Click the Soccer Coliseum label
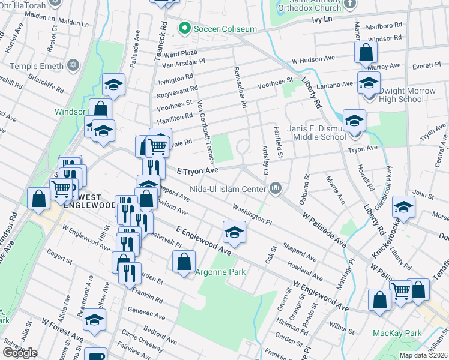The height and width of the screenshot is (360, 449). click(224, 29)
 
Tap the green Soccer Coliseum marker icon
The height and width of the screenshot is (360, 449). click(185, 29)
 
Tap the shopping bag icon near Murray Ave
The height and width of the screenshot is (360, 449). click(366, 53)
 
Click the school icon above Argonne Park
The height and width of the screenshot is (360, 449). click(234, 232)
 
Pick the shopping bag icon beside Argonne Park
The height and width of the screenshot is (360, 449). click(184, 261)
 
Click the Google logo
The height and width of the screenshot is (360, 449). click(20, 353)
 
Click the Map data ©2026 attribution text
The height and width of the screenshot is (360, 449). click(423, 355)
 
